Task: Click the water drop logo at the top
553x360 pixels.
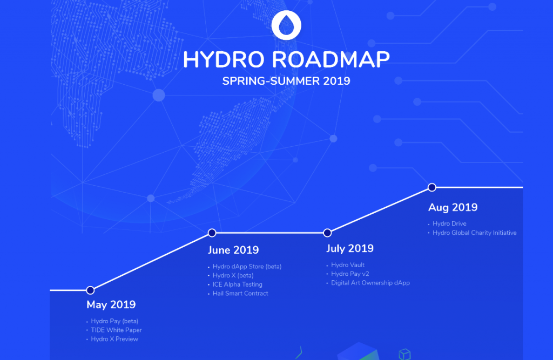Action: pos(286,25)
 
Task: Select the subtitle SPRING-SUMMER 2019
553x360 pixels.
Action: pos(286,81)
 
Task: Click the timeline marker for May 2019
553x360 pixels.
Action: pos(90,290)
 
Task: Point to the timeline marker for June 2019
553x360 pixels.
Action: pos(212,233)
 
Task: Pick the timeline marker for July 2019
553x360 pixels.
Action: pos(327,233)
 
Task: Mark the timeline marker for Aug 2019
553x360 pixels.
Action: pos(432,187)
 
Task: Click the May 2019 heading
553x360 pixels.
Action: pos(111,305)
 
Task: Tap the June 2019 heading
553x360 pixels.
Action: pos(233,250)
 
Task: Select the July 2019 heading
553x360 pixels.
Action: pos(350,248)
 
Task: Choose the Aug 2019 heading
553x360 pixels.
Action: pos(453,207)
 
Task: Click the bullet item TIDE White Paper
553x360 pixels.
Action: pos(116,330)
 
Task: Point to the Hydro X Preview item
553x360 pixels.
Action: pos(114,339)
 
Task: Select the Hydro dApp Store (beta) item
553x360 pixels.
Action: pos(247,266)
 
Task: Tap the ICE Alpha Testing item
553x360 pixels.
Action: pos(237,284)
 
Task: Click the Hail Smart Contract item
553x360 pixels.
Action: pos(240,294)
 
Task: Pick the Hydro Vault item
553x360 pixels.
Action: pos(348,265)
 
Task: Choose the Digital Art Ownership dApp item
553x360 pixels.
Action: pos(370,283)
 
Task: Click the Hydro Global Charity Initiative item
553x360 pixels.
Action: pos(474,233)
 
